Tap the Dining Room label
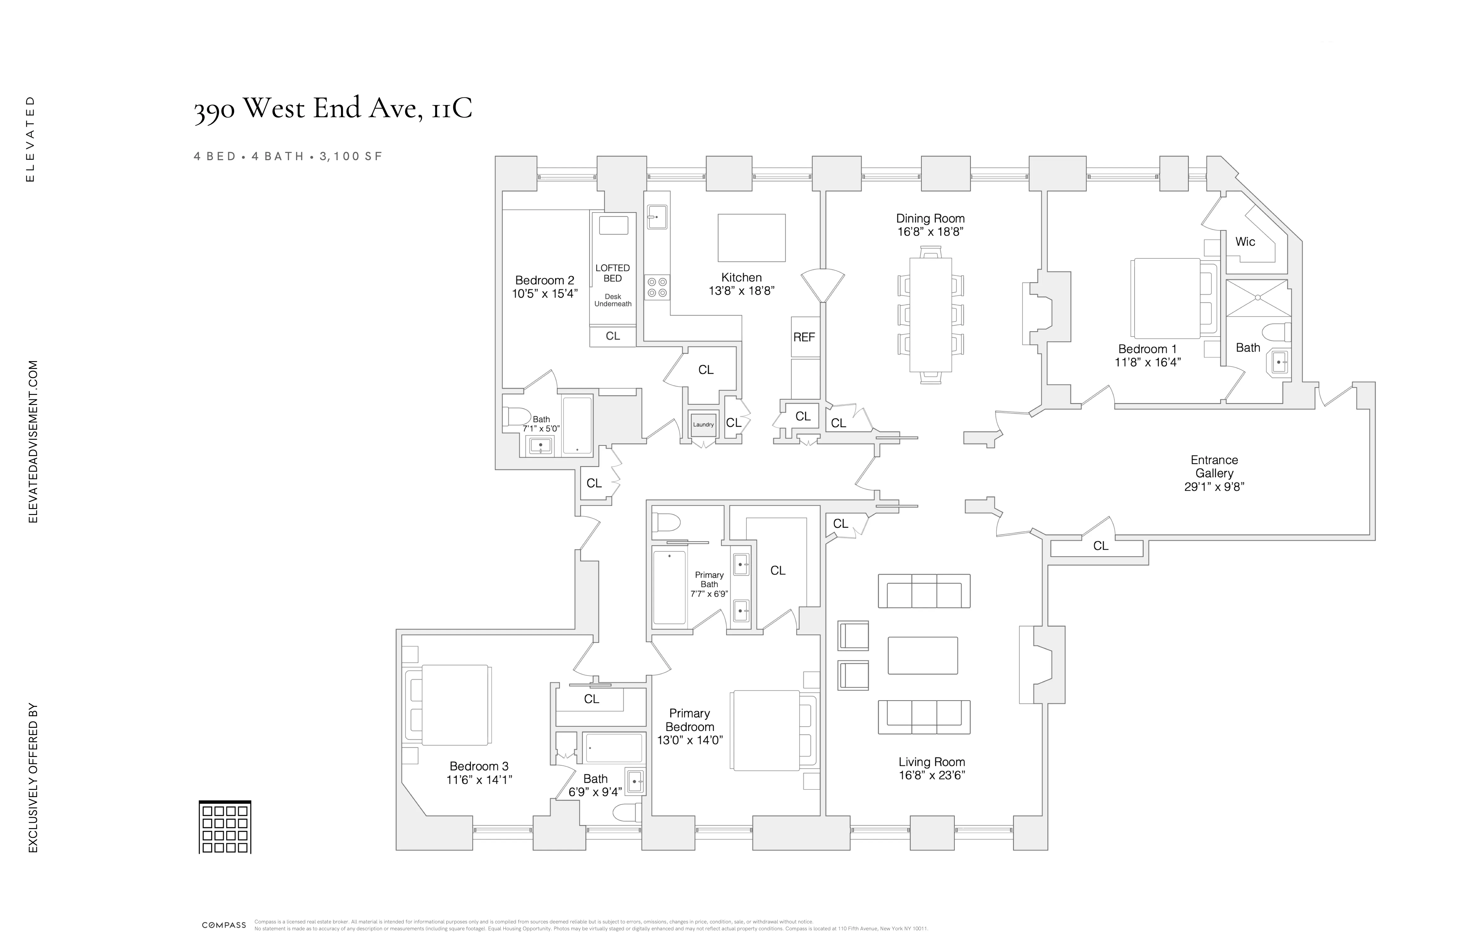(x=930, y=218)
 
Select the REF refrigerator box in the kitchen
(x=804, y=337)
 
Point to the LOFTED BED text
(x=612, y=273)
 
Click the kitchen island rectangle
(x=751, y=238)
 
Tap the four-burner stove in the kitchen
(x=657, y=287)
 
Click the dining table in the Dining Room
(x=930, y=315)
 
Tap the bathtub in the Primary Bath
(x=669, y=587)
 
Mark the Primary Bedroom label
(x=690, y=720)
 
